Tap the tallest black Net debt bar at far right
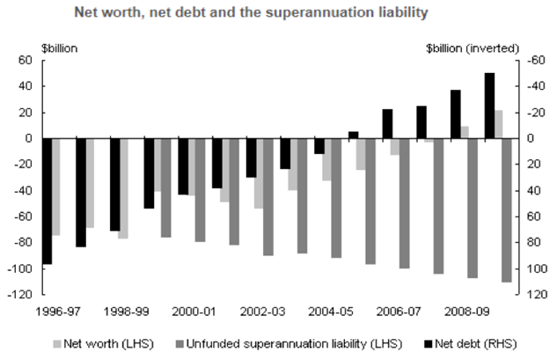pyautogui.click(x=489, y=106)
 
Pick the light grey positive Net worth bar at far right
pyautogui.click(x=499, y=124)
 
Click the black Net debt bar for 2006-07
pyautogui.click(x=387, y=124)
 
